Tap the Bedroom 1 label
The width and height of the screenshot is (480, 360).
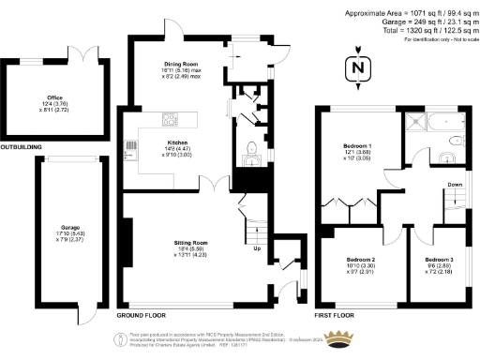pos(357,147)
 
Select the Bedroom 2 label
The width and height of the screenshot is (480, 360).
pos(361,258)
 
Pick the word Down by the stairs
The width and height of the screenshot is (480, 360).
pos(454,185)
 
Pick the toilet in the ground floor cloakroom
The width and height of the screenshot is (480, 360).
pos(249,147)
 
